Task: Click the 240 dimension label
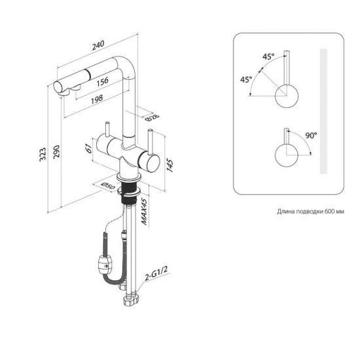coord(98,45)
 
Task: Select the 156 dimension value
coord(102,82)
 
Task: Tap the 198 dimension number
coord(97,99)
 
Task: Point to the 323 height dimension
coord(43,154)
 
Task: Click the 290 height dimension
coord(56,151)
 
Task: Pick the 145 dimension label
coord(170,165)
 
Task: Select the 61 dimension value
coord(88,149)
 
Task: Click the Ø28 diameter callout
coord(152,118)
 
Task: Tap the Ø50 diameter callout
coord(108,186)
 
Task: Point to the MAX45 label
coord(143,211)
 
